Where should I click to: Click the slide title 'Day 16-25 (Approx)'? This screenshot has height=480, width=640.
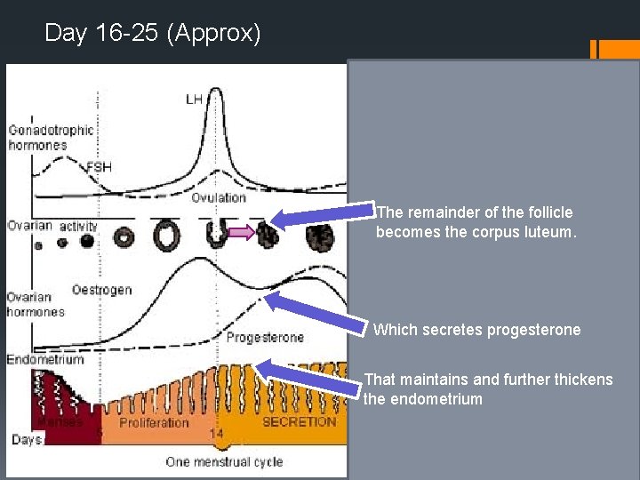coord(153,33)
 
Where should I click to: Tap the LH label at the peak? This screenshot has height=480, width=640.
coord(194,99)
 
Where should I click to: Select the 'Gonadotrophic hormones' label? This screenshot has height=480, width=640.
coord(51,137)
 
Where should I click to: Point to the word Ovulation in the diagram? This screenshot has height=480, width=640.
coord(219,197)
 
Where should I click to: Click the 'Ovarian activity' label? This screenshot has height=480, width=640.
coord(52,226)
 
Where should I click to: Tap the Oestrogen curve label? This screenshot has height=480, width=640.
coord(101,290)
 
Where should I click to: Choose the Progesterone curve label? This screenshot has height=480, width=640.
coord(265,338)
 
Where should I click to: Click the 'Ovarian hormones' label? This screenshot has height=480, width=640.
coord(36,304)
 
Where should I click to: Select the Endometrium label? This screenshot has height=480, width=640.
coord(45,360)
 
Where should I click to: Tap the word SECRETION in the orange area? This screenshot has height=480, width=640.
coord(300,421)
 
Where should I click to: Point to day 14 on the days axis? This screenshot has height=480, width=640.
coord(216,433)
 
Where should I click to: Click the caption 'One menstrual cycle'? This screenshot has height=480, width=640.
coord(224,461)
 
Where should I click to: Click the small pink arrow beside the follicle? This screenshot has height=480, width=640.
coord(240,233)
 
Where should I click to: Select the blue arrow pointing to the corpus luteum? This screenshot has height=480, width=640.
coord(323,217)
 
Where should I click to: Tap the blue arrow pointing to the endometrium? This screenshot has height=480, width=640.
coord(310,376)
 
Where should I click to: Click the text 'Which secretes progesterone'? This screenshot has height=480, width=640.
coord(476,330)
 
